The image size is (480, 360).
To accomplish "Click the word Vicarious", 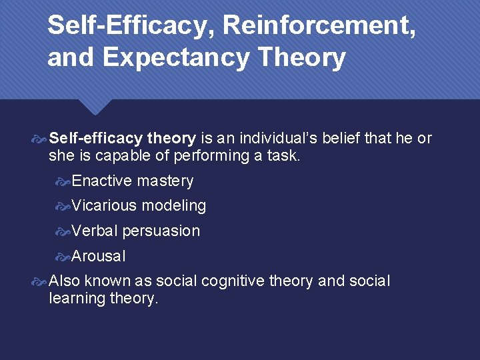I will coord(104,206).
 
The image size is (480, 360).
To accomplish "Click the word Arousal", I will coord(99,256).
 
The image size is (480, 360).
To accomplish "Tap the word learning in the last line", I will coord(76,298).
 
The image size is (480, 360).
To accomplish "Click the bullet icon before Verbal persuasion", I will coord(63,231).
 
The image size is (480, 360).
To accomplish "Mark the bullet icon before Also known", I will coord(41,281).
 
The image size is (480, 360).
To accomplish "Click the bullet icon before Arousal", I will coord(63,257).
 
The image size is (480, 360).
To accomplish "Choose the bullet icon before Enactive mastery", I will coord(63,181).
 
